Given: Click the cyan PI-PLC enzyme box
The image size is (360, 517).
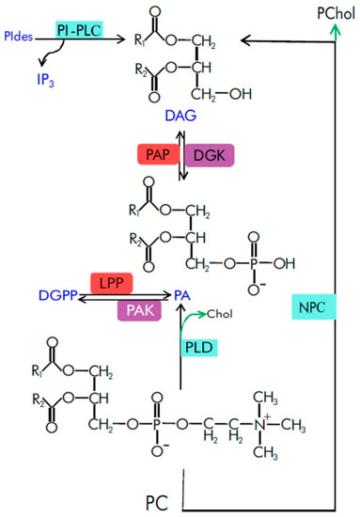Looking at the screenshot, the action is pos(79,30).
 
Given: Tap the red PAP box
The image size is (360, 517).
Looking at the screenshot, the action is pos(159,154).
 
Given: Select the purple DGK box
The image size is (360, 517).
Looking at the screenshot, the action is pos(210,155).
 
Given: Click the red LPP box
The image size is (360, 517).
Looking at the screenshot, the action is pos(112,283).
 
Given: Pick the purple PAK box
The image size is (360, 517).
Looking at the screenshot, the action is pos(139,310).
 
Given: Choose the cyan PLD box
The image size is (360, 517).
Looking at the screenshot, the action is pos(198,348).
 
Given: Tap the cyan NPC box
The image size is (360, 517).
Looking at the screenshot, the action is pos(314,307).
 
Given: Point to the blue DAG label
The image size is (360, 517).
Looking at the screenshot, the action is pos(180,116).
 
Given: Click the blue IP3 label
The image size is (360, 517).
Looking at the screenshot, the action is pos(45,80).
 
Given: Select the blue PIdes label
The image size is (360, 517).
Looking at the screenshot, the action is pos(19,36).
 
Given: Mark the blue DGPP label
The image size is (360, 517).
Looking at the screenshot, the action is pos(58,295).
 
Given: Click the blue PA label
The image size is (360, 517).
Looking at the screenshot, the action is pos(182,295).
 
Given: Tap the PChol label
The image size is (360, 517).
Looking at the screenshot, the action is pos(337,14).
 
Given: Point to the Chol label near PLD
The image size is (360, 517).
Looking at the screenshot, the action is pos(220,314).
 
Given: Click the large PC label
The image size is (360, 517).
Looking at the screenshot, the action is pos(157,503).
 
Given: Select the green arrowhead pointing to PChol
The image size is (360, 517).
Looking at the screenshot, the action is pos(336,31).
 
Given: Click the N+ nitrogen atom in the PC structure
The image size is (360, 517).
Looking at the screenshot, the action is pos(259,425).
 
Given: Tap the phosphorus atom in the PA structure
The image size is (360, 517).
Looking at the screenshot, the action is pos(254,263).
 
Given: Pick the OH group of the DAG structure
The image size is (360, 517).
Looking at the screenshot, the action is pos(241,94).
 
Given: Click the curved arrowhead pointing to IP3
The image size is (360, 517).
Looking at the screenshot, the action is pos(41,62).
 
